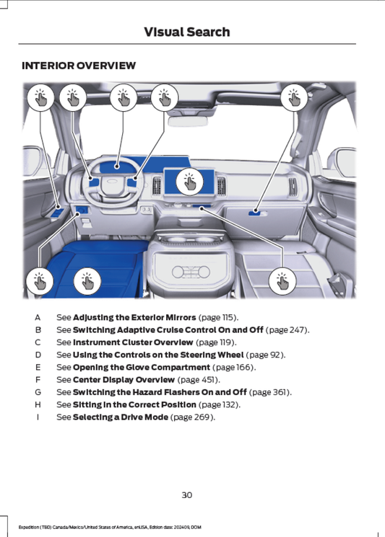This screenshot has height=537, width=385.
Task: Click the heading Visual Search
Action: tap(186, 32)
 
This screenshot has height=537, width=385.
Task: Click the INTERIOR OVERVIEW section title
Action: tap(79, 66)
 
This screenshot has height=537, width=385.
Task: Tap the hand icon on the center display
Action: tap(189, 182)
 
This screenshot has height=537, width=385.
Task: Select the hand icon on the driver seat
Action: tap(87, 281)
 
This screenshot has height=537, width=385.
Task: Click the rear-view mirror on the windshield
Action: tap(188, 121)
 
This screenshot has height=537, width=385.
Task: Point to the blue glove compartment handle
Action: tap(255, 213)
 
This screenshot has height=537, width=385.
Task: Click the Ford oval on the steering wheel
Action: tap(112, 182)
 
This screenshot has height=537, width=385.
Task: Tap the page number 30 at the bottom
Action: tap(186, 495)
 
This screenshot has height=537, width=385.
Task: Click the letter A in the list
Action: tap(38, 317)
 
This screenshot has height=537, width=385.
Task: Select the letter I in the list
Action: tap(38, 417)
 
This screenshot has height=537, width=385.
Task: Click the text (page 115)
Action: tap(218, 317)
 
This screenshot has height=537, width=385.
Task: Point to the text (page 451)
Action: tap(199, 380)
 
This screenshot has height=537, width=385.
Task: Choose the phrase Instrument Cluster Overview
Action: tap(133, 342)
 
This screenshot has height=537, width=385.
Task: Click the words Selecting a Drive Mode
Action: tap(121, 417)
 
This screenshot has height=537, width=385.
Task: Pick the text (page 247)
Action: tap(287, 330)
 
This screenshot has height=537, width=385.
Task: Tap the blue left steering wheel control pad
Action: tap(94, 182)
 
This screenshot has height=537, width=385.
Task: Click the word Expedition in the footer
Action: tap(27, 527)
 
